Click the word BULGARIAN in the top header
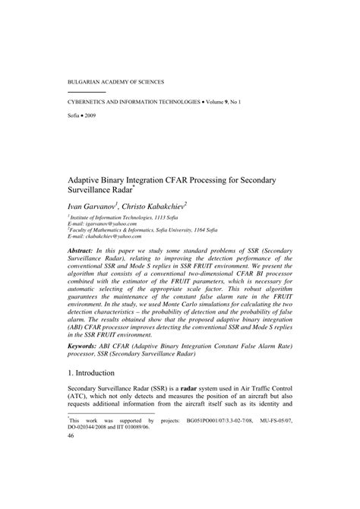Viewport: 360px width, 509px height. (81, 80)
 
